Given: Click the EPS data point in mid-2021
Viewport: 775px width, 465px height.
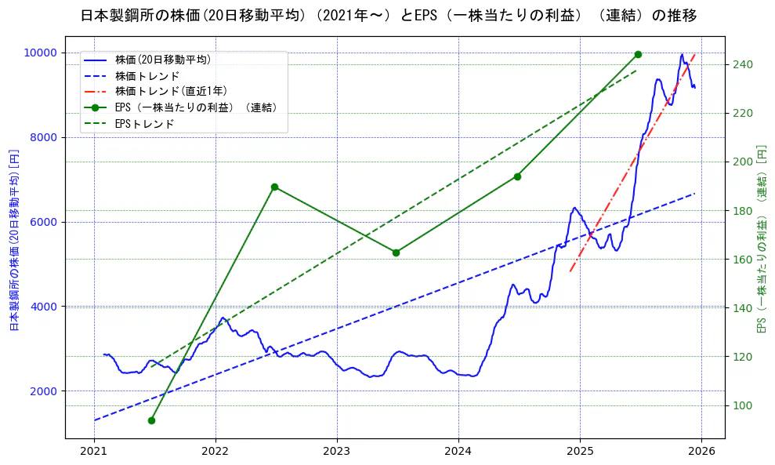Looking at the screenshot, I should (x=151, y=420).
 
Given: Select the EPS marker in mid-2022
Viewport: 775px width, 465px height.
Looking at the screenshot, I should (x=274, y=187).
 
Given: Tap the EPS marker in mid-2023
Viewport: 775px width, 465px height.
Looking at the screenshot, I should (x=396, y=252).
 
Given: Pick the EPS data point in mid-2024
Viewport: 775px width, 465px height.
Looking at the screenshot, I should (x=517, y=176).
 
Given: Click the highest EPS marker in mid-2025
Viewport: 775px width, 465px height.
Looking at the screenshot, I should (x=638, y=54).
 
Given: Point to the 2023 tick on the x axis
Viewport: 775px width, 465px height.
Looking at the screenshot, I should (x=336, y=451).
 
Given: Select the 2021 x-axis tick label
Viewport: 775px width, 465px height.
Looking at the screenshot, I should (x=94, y=451).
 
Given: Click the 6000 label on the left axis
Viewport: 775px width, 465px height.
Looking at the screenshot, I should (x=44, y=222).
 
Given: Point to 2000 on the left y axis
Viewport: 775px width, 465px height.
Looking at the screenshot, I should (x=44, y=391).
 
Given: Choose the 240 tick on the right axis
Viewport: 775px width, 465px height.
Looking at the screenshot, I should (x=743, y=64).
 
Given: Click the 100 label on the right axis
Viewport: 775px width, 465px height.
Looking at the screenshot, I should (x=743, y=405).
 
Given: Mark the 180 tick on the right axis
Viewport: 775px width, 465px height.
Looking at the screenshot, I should (x=743, y=210).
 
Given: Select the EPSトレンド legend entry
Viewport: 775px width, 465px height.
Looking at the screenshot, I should (x=144, y=124).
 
